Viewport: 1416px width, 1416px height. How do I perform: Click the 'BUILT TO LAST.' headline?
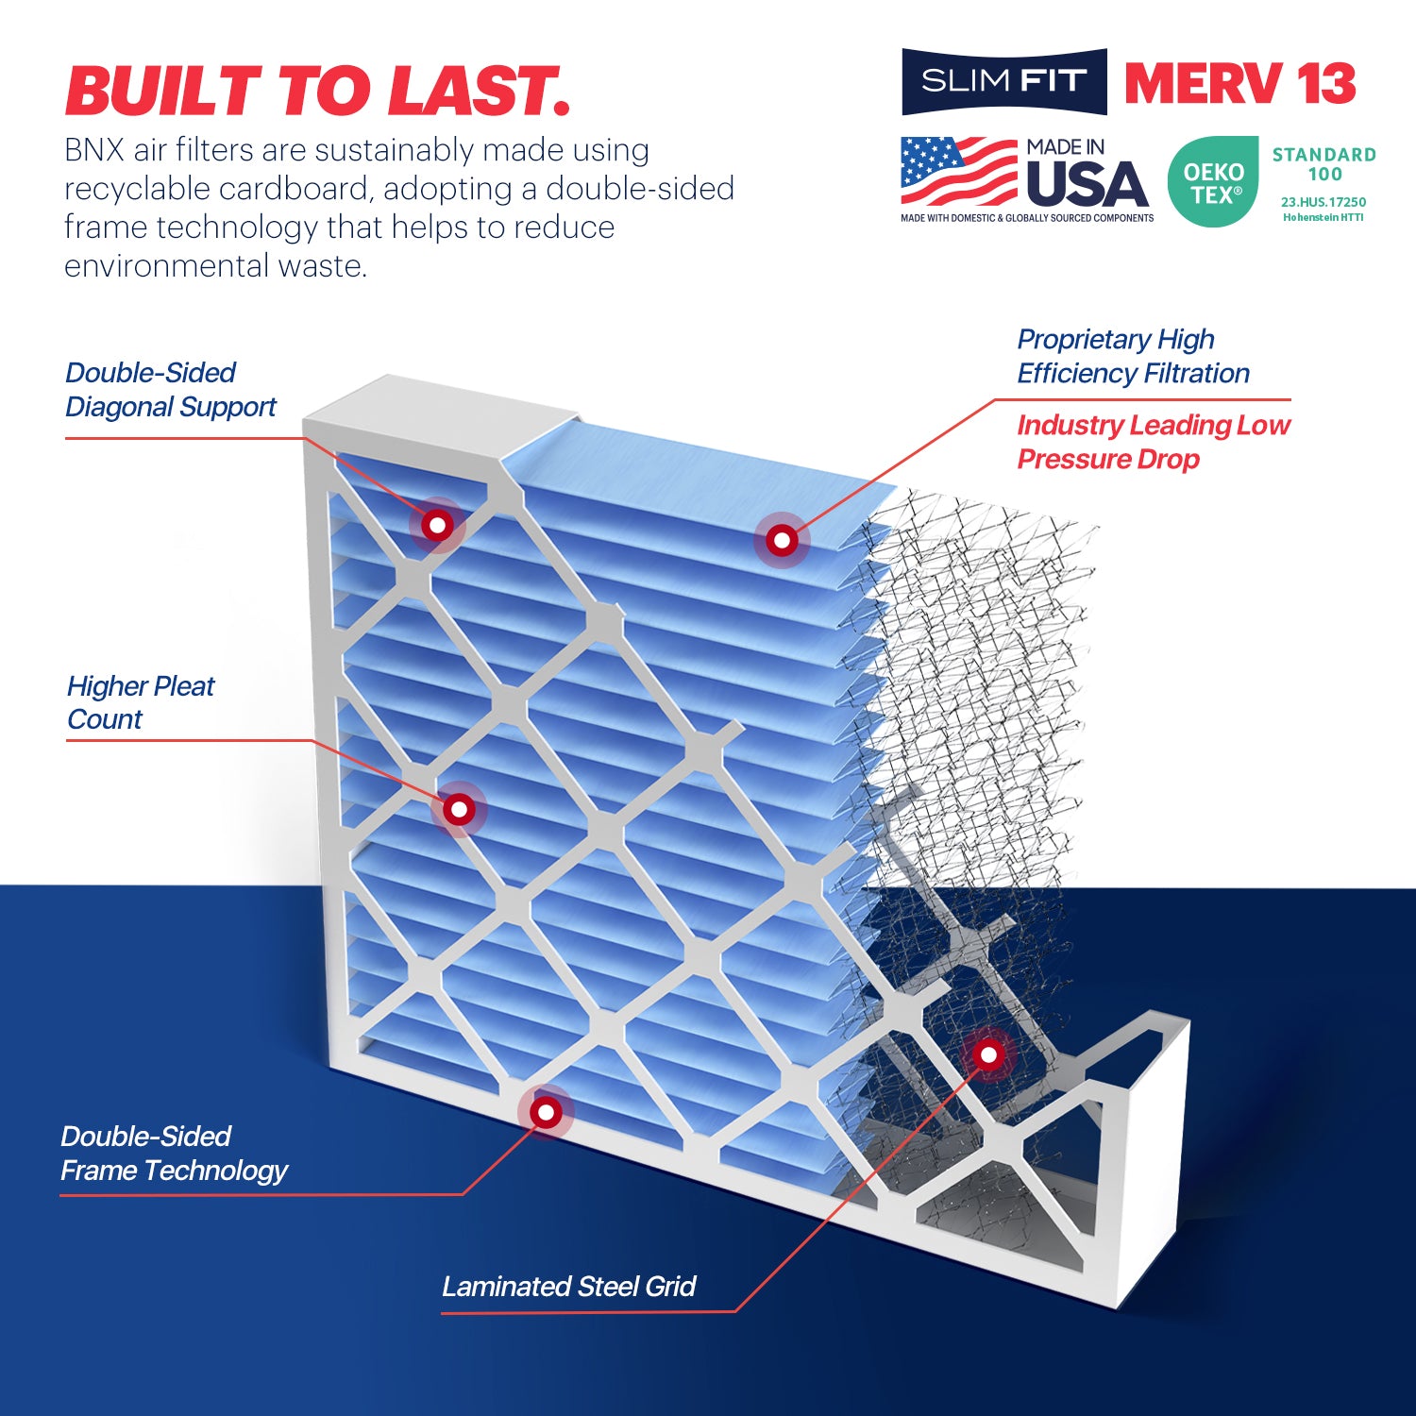pos(317,92)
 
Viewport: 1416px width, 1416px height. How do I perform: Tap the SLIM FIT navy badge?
pos(1003,82)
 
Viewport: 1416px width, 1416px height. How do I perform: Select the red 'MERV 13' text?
pos(1240,84)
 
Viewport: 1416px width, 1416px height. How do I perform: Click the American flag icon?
pos(958,172)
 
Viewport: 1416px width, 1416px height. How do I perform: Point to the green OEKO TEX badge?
pos(1213,182)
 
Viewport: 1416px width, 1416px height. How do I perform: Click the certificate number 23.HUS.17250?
pos(1323,202)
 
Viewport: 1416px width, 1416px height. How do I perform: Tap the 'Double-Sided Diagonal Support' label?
pos(170,390)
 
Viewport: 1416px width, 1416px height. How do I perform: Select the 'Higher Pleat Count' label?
pos(141,702)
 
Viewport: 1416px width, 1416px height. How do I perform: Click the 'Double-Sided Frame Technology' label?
pos(174,1154)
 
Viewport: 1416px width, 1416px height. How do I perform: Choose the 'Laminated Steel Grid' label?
pos(568,1287)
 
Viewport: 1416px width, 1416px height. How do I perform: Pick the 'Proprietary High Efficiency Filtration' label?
pos(1133,356)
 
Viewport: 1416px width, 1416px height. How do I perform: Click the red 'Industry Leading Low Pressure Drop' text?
pos(1153,442)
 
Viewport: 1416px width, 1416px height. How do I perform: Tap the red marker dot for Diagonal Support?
pos(437,524)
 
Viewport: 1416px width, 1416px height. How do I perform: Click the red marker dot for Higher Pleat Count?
pos(459,809)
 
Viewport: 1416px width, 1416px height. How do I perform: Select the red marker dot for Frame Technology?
pos(546,1112)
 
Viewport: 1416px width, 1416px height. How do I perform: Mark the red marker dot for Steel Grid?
pos(988,1054)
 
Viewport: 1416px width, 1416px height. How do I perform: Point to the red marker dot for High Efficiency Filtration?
pos(782,540)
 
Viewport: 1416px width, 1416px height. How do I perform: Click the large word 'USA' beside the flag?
pos(1087,185)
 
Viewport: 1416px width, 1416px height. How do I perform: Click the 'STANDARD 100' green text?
pos(1323,164)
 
